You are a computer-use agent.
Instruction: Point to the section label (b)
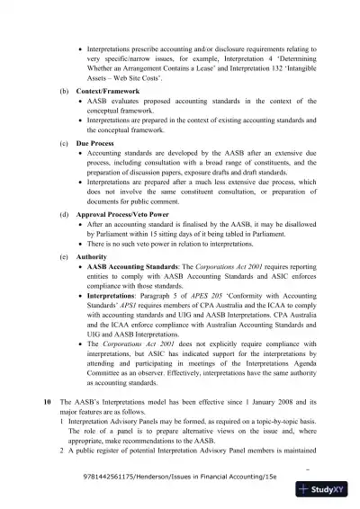(62, 92)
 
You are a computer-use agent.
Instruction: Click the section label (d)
(62, 215)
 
